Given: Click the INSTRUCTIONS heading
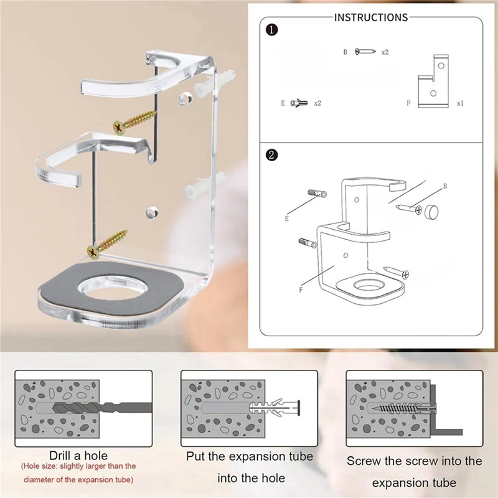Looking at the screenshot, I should [x=371, y=17].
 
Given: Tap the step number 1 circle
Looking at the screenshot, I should [x=272, y=29].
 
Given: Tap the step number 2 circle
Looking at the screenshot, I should [x=272, y=156].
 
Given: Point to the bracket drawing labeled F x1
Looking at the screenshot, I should [x=433, y=82].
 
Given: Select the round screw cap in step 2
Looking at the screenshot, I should [x=428, y=212].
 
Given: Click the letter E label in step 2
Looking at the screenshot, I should [x=287, y=218].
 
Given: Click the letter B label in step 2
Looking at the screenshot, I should [x=445, y=186].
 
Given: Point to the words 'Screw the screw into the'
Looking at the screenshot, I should [x=414, y=461].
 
